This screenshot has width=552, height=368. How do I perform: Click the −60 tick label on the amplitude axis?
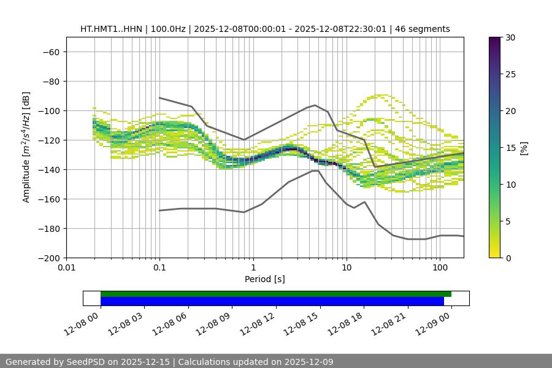click(50, 52)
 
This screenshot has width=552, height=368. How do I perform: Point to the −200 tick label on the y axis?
click(48, 258)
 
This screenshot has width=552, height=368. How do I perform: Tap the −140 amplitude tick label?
click(48, 169)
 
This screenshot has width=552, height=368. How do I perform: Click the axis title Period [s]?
click(265, 280)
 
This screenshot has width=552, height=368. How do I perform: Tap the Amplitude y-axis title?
click(26, 147)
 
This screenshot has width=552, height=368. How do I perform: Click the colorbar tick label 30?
click(510, 37)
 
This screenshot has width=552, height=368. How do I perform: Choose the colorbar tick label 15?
click(510, 148)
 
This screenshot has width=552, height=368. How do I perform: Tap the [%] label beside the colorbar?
click(524, 148)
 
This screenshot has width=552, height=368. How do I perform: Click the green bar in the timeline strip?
click(276, 294)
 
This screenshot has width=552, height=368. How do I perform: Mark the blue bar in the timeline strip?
click(272, 301)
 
